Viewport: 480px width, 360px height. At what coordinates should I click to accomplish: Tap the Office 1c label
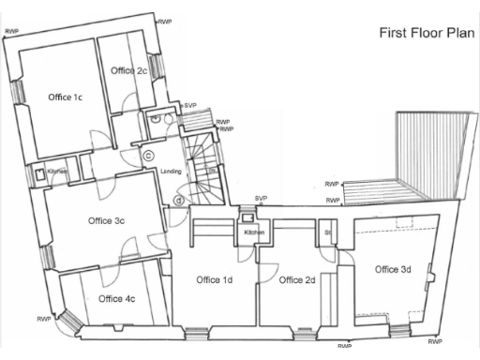[x=66, y=97]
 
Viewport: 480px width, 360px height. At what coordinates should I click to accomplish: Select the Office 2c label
[x=128, y=70]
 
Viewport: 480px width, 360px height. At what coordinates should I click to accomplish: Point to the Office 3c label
[x=106, y=220]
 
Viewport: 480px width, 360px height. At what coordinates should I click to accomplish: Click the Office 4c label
[x=116, y=299]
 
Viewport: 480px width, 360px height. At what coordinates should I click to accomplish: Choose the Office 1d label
[x=215, y=279]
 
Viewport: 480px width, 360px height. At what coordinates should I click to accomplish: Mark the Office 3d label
[x=393, y=270]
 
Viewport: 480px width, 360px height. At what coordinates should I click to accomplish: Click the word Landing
[x=171, y=172]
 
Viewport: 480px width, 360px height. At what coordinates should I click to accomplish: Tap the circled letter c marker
[x=148, y=156]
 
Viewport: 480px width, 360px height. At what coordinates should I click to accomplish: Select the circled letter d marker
[x=178, y=199]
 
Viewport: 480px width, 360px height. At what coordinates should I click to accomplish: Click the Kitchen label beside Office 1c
[x=57, y=172]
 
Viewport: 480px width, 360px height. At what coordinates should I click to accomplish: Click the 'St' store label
[x=328, y=231]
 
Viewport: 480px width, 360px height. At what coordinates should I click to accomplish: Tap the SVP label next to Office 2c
[x=190, y=105]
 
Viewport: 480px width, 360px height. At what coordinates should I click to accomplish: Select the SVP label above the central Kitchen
[x=262, y=199]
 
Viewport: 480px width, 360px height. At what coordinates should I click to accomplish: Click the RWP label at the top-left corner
[x=11, y=31]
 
